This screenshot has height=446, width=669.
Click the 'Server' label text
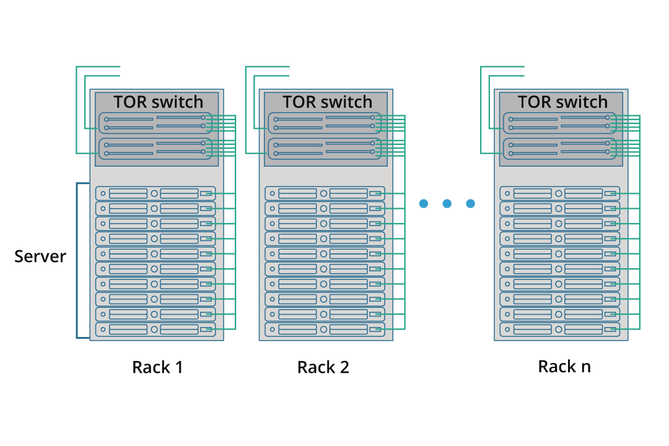pyautogui.click(x=40, y=256)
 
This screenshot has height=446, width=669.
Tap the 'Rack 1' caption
pyautogui.click(x=157, y=367)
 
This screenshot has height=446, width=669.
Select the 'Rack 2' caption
pyautogui.click(x=323, y=367)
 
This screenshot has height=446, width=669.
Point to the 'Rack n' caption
pyautogui.click(x=564, y=367)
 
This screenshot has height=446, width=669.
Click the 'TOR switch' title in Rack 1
pyautogui.click(x=158, y=102)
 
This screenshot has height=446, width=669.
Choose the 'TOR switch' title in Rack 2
pyautogui.click(x=327, y=102)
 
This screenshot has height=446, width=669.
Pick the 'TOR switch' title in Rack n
pyautogui.click(x=562, y=102)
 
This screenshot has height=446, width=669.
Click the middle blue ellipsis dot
pyautogui.click(x=447, y=204)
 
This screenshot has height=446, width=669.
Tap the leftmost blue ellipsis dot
pyautogui.click(x=424, y=204)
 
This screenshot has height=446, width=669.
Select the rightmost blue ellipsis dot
pyautogui.click(x=470, y=204)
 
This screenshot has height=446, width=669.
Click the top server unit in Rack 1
pyautogui.click(x=155, y=193)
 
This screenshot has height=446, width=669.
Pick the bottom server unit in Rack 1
pyautogui.click(x=155, y=330)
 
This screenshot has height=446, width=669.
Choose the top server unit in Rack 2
pyautogui.click(x=325, y=193)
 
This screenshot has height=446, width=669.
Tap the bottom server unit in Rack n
pyautogui.click(x=559, y=330)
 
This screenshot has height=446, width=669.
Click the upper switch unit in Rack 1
pyautogui.click(x=155, y=123)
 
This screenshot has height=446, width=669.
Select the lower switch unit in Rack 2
pyautogui.click(x=324, y=148)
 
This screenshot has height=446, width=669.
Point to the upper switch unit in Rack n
pyautogui.click(x=559, y=123)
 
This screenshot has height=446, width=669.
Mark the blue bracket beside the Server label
pyautogui.click(x=77, y=260)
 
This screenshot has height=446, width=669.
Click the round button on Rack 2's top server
pyautogui.click(x=323, y=193)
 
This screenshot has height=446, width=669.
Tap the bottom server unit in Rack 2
pyautogui.click(x=325, y=330)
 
